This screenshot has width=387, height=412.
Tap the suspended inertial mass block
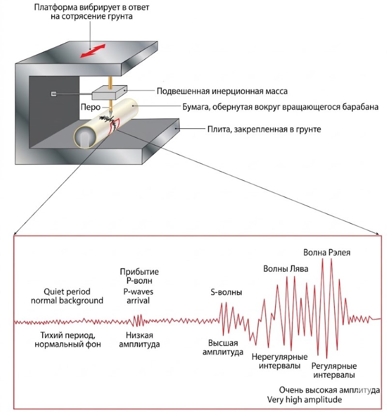pos(109,92)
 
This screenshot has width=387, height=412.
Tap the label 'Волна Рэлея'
pos(327,252)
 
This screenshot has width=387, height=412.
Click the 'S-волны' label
pos(226,293)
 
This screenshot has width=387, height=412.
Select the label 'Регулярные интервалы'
pos(334,370)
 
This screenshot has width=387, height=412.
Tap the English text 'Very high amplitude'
pos(304,400)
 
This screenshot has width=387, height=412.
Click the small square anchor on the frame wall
pos(54,93)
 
